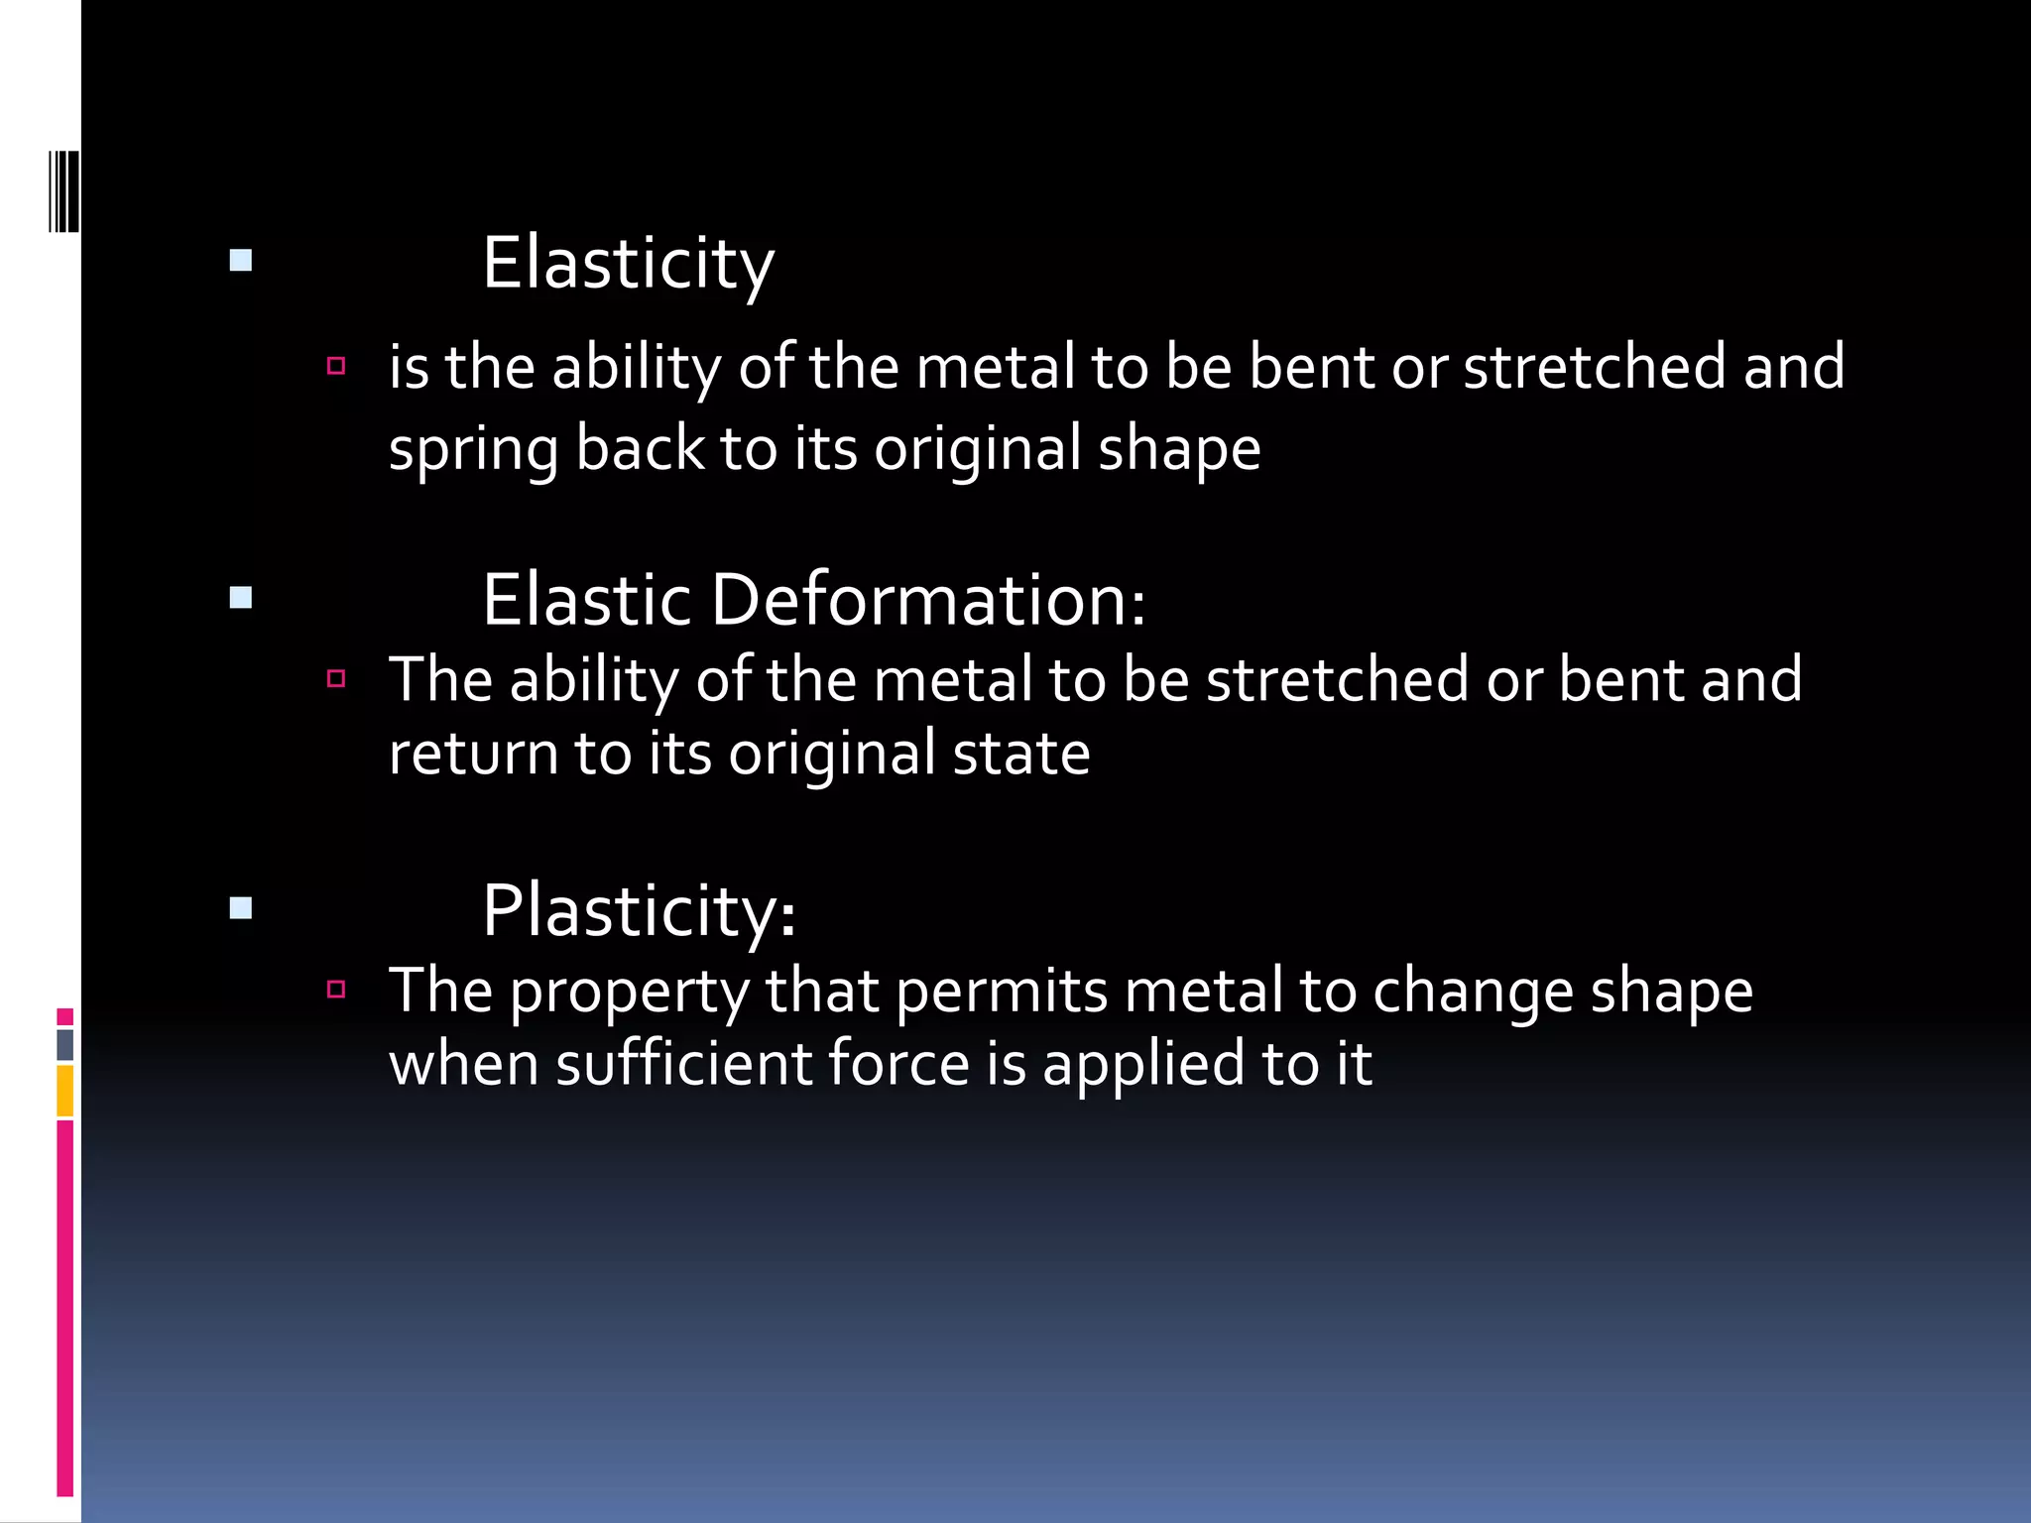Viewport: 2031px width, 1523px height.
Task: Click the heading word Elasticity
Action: [628, 264]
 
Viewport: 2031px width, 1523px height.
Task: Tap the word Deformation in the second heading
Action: [928, 601]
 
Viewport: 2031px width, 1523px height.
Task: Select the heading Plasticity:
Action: [639, 910]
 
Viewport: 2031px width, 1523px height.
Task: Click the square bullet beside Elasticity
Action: [241, 261]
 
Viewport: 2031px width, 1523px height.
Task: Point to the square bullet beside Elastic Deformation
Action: [241, 598]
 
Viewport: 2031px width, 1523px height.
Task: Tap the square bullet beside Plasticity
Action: [241, 908]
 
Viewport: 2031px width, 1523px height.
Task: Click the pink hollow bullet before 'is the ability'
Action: [336, 366]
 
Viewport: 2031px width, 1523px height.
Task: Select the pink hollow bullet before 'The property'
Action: [336, 989]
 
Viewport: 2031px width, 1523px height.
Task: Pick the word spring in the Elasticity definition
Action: [473, 449]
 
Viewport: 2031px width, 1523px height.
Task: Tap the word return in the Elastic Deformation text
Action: [473, 754]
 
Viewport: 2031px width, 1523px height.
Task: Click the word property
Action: [630, 992]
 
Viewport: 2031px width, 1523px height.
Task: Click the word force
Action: [898, 1064]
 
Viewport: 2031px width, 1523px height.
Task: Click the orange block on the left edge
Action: [65, 1091]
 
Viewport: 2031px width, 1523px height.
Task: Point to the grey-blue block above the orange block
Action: [65, 1045]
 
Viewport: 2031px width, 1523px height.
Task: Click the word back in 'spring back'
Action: [639, 449]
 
